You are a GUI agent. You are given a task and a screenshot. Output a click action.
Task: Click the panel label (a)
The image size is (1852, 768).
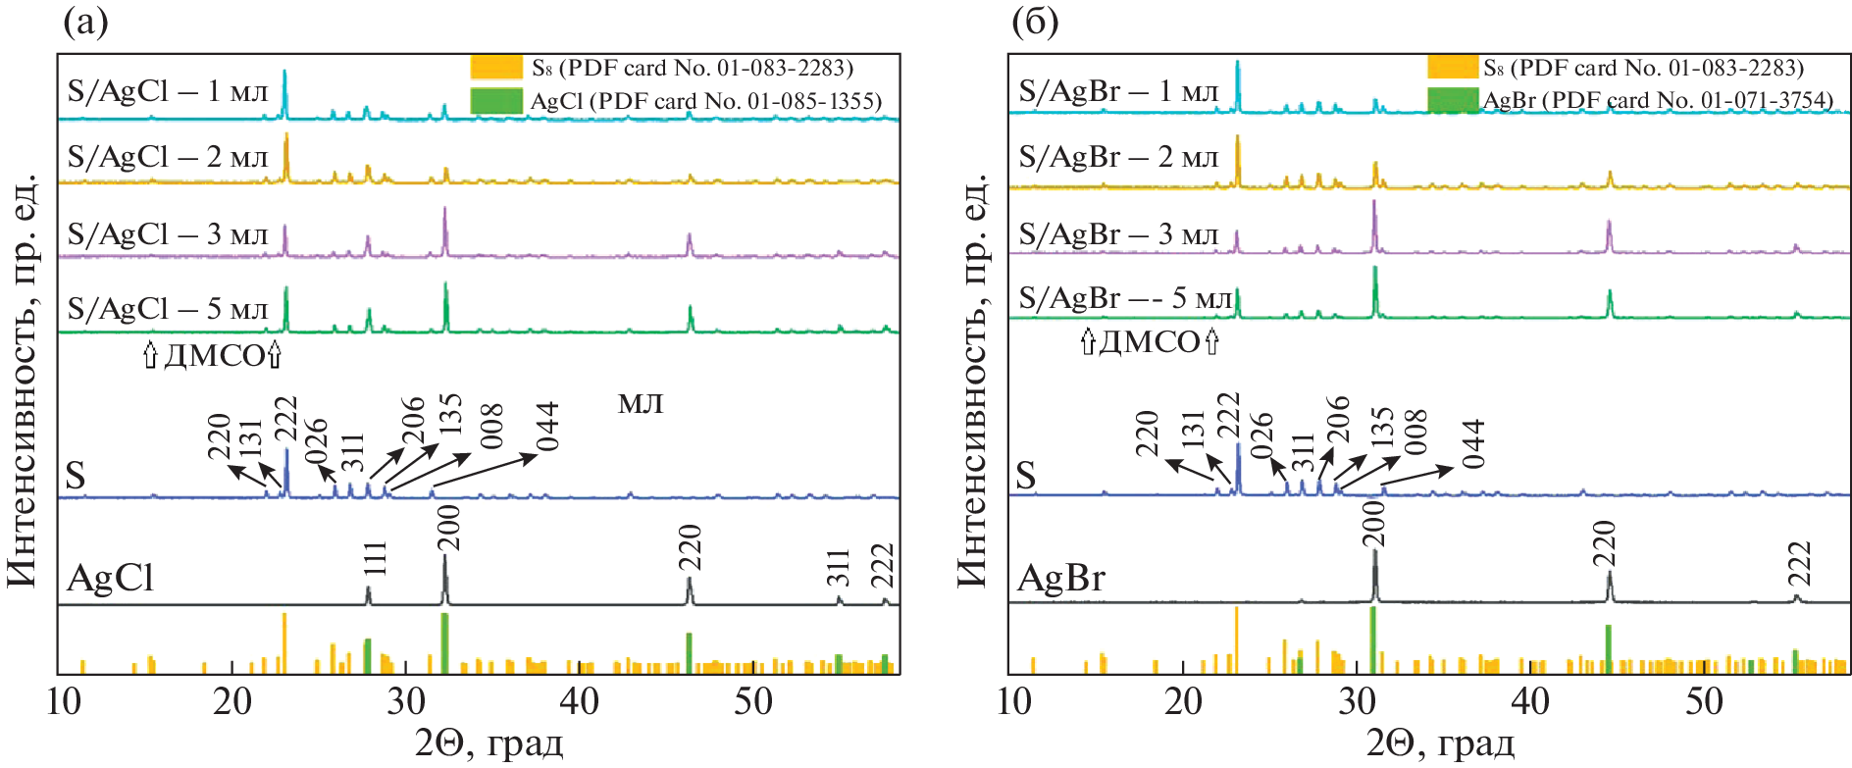[x=84, y=22]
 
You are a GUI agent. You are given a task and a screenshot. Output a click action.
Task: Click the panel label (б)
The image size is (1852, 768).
[x=1035, y=22]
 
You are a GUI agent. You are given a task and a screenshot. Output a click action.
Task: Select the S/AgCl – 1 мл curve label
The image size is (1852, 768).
[x=168, y=92]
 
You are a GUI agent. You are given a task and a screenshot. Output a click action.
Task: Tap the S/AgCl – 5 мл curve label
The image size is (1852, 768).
[x=168, y=310]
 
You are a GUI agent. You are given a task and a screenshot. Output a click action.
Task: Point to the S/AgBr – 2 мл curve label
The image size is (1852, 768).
[x=1118, y=157]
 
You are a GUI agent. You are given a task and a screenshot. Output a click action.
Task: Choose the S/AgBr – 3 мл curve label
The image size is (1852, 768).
[x=1118, y=235]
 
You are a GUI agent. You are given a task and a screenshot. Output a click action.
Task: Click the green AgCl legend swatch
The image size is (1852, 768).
[x=496, y=101]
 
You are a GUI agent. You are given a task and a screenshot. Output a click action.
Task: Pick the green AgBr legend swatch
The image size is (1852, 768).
[x=1453, y=100]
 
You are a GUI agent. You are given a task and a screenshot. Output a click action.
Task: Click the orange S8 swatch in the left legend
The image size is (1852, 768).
[x=496, y=68]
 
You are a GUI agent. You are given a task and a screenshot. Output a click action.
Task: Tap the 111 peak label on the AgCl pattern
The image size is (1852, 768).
[x=376, y=558]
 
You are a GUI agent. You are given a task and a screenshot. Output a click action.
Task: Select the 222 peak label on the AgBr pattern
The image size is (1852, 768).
[x=1799, y=564]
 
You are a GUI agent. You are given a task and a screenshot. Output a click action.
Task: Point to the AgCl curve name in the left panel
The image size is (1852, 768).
[x=111, y=579]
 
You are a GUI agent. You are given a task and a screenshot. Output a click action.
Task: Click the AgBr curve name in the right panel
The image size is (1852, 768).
[x=1061, y=579]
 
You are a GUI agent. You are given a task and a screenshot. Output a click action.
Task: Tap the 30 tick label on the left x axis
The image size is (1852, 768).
[x=406, y=702]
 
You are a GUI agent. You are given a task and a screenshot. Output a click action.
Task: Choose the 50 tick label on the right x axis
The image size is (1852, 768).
[x=1704, y=702]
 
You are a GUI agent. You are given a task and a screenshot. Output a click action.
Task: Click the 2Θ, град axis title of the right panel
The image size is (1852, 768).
[x=1440, y=744]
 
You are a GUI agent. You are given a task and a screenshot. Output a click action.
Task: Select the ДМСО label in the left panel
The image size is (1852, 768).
[x=214, y=355]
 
